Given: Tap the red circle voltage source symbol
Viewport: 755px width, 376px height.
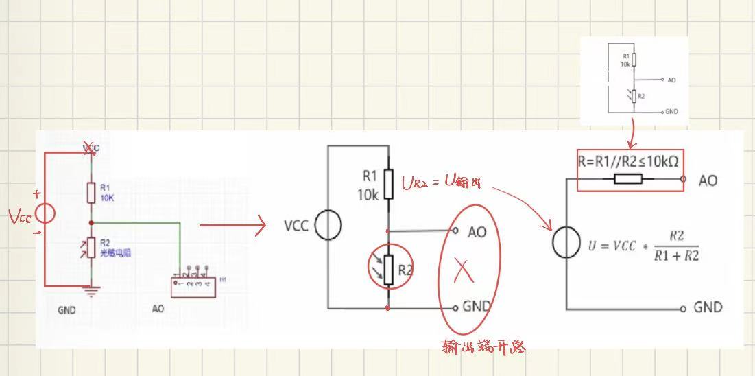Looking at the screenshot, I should tap(45, 213).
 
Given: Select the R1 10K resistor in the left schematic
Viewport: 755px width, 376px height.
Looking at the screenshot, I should tap(91, 193).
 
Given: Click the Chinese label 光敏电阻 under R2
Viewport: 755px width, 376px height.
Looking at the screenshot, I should tap(115, 252).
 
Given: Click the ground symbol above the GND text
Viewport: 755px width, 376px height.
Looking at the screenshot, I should tap(91, 291).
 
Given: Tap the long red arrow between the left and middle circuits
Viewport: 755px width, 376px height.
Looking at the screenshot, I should tap(233, 225).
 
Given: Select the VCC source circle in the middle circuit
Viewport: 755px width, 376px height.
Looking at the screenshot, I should tap(328, 226).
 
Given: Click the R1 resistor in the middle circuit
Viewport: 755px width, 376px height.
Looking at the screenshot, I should tap(388, 183).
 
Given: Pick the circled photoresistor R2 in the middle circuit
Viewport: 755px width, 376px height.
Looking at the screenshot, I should tap(388, 270).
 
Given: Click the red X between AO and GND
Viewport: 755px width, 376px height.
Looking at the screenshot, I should tap(464, 272).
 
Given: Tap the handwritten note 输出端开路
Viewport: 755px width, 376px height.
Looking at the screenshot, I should tap(484, 346).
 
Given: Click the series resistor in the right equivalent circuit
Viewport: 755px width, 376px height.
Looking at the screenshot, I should tap(628, 180).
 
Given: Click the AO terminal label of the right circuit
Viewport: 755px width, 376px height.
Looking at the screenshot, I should tap(707, 180).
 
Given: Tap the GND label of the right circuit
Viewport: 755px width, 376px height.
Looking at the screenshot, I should tap(708, 307).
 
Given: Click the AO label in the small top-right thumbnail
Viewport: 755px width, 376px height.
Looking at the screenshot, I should tap(671, 80).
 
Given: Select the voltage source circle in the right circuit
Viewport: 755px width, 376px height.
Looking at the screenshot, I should tap(566, 243).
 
